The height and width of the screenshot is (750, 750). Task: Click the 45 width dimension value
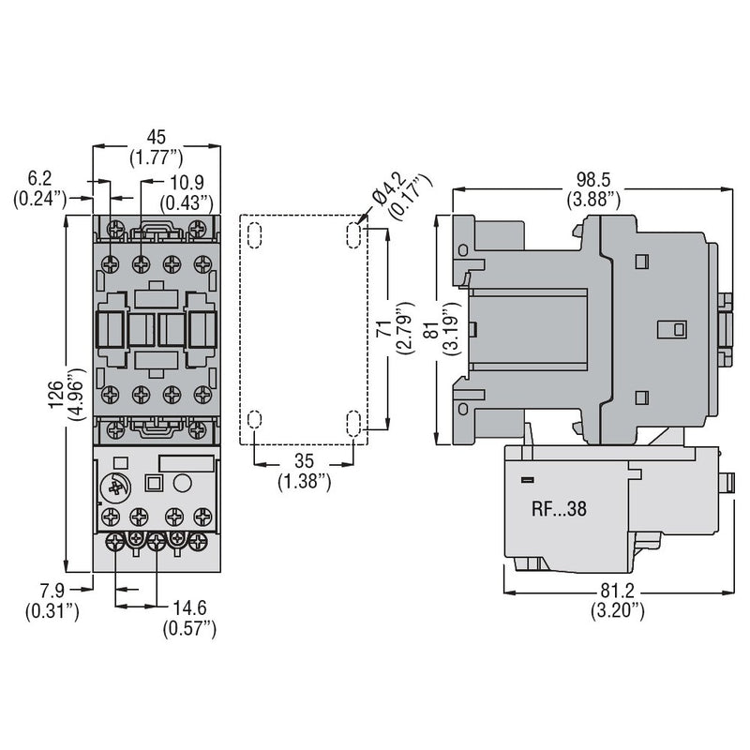[x=156, y=137]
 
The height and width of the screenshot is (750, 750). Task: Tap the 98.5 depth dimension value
[x=593, y=180]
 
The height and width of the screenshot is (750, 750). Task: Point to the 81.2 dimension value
[x=617, y=592]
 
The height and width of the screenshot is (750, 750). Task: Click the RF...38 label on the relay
[x=559, y=509]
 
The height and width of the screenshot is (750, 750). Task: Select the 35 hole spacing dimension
[x=304, y=461]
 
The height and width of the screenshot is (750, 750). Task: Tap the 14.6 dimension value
[x=189, y=607]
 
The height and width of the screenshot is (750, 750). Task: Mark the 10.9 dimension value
[x=187, y=182]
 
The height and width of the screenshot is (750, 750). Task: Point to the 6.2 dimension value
[x=39, y=178]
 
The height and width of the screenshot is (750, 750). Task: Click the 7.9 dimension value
[x=52, y=591]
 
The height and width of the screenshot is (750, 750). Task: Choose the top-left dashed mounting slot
[x=254, y=235]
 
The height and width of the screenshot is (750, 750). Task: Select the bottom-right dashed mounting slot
[x=353, y=424]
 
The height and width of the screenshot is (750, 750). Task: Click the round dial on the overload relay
[x=115, y=487]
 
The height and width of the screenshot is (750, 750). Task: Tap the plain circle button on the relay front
[x=182, y=483]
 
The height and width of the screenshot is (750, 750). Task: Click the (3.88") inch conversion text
[x=593, y=199]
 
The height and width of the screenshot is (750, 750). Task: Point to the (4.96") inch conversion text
[x=77, y=395]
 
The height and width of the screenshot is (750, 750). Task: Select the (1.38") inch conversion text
[x=304, y=481]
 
